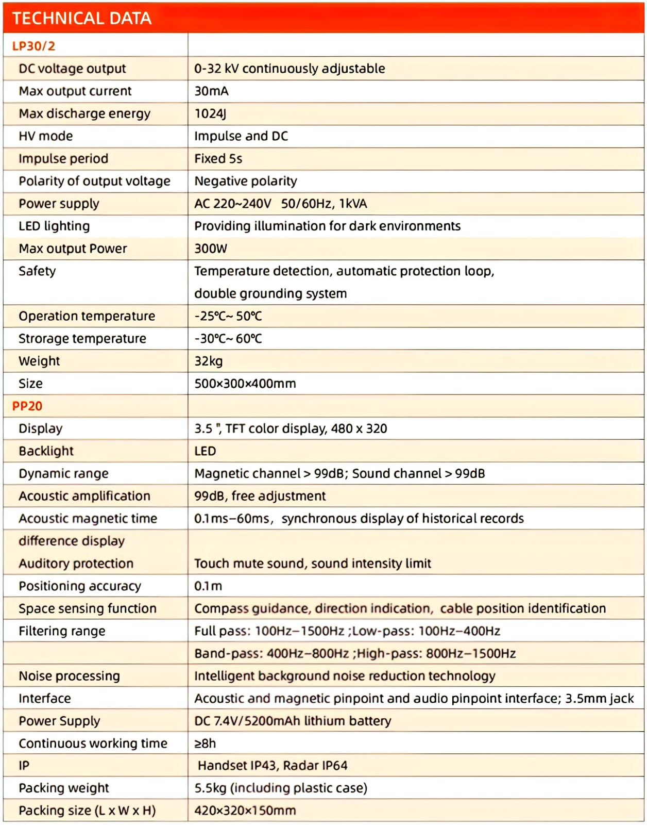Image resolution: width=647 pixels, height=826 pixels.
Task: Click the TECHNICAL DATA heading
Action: click(82, 19)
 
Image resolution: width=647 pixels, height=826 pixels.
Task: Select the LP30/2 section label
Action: click(33, 46)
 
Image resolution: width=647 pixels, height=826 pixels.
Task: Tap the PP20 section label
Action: click(27, 406)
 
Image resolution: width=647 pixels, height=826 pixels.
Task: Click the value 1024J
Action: click(210, 113)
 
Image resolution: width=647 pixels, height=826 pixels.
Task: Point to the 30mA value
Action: click(211, 91)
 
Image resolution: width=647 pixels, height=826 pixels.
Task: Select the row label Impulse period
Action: click(63, 158)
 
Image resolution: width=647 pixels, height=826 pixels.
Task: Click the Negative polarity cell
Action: click(245, 181)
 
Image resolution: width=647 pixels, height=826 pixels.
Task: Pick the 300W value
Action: click(210, 249)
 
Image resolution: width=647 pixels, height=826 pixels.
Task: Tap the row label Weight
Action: click(39, 361)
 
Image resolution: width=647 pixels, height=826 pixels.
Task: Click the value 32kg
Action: click(208, 361)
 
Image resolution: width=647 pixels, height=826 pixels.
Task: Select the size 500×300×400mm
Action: click(245, 384)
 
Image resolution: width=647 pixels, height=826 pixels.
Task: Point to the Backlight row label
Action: click(46, 451)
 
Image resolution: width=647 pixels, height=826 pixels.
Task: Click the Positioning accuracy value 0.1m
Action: click(208, 586)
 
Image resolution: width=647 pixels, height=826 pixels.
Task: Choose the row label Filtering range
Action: click(62, 631)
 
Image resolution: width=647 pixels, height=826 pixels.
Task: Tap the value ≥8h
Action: click(205, 744)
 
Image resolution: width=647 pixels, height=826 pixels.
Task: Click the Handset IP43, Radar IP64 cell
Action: click(273, 766)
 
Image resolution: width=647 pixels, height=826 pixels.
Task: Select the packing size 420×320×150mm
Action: click(245, 811)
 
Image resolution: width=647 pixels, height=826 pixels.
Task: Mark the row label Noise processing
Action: click(69, 676)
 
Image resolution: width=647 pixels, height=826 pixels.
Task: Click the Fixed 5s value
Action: click(218, 158)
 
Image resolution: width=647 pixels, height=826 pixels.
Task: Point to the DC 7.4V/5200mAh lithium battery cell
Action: click(293, 721)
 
